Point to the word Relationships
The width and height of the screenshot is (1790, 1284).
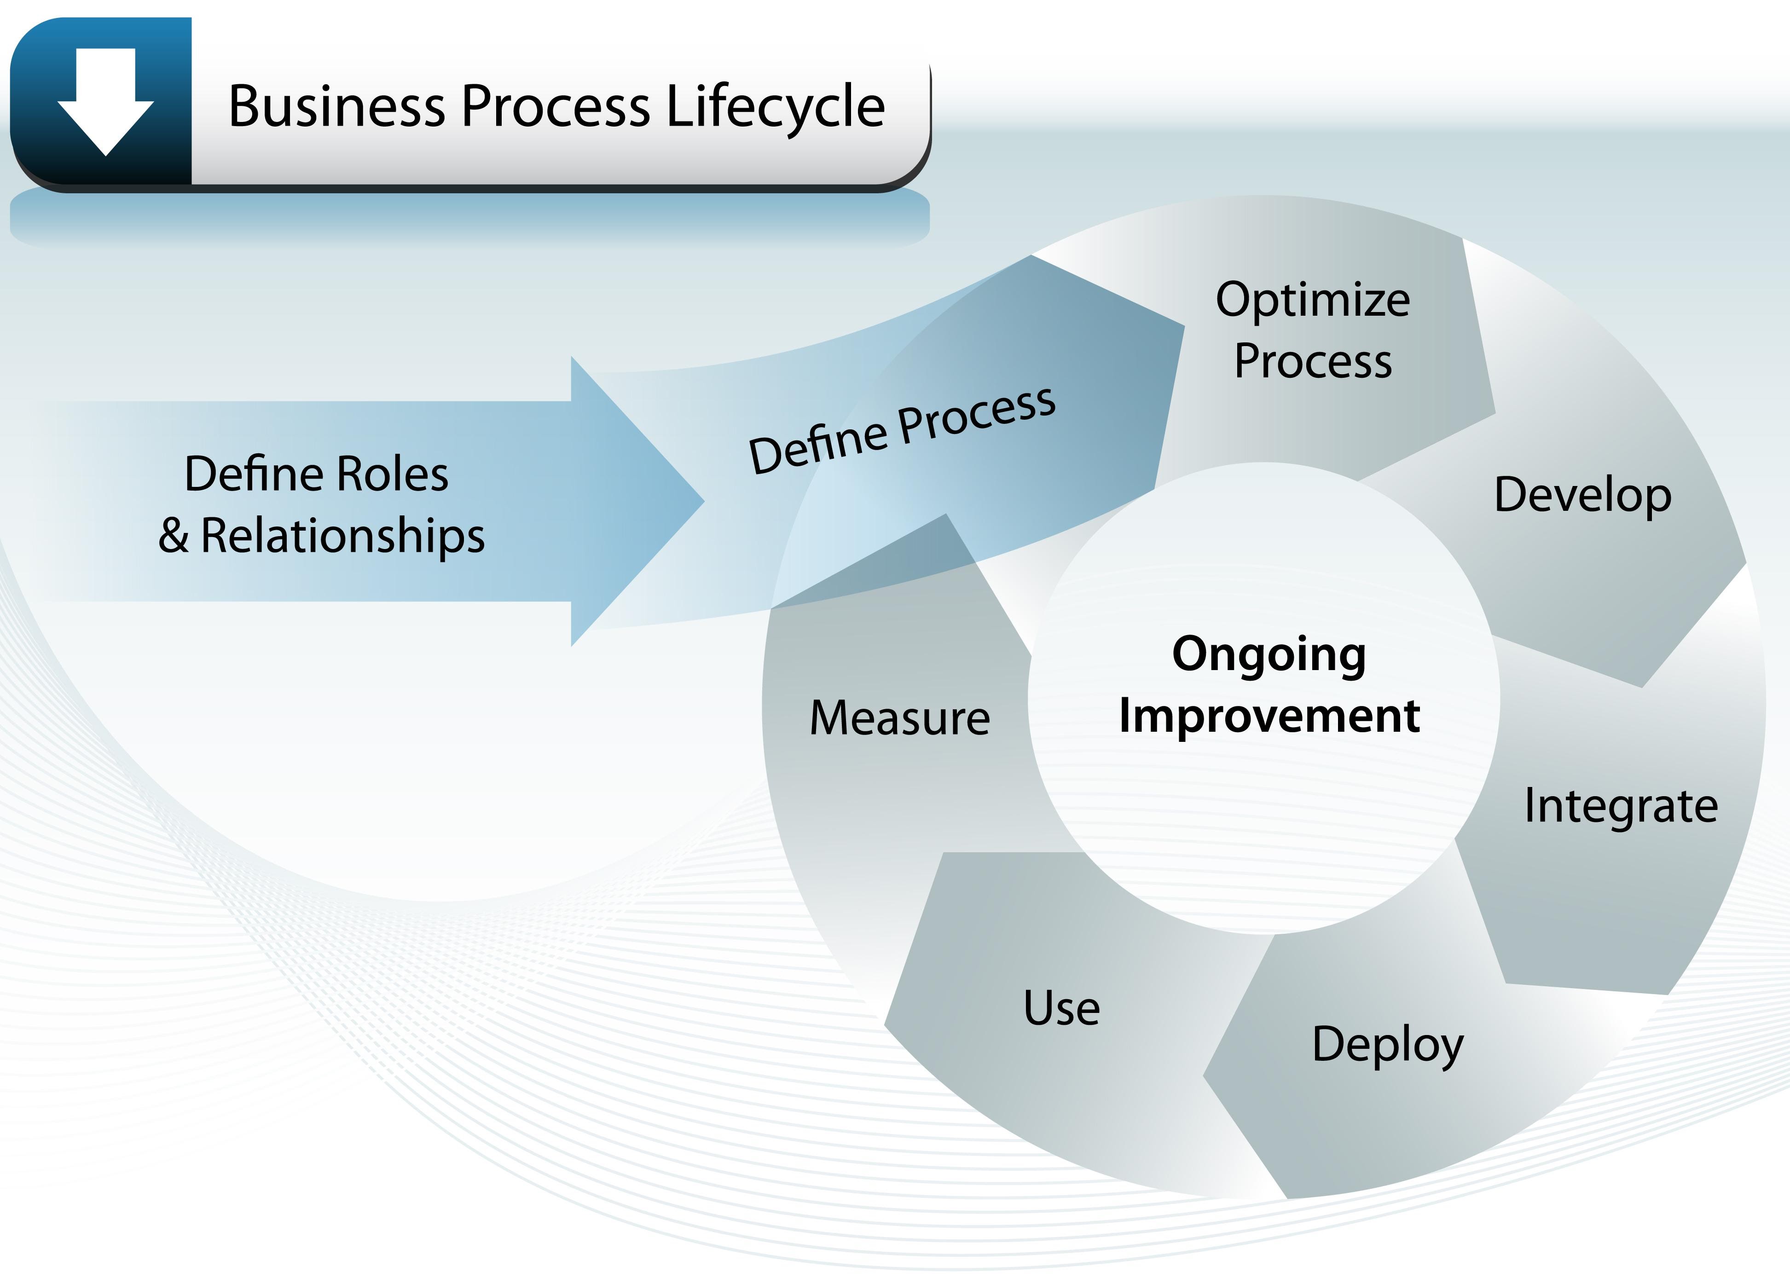click(342, 536)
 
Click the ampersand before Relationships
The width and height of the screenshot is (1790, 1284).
click(173, 536)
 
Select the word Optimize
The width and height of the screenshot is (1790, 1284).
click(1313, 301)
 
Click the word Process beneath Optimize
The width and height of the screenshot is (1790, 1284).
click(1313, 361)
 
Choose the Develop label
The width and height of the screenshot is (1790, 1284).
click(1582, 496)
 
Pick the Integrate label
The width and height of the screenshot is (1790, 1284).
click(1620, 806)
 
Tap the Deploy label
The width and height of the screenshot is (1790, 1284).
click(1387, 1044)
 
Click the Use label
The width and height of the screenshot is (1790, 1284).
click(1061, 1008)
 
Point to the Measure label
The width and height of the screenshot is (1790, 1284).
click(900, 718)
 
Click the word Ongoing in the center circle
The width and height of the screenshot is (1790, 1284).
click(1269, 655)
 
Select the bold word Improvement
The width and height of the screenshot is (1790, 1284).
click(1269, 716)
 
